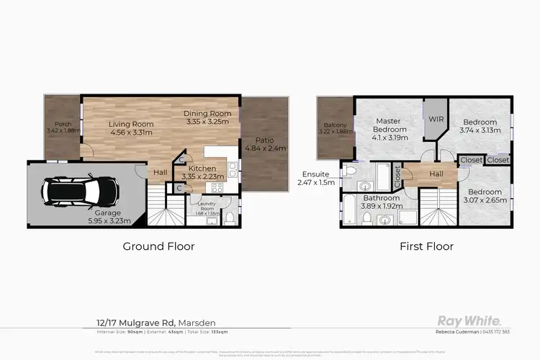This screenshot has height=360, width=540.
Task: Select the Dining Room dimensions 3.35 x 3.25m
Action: point(207,122)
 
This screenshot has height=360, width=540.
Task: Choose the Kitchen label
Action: point(202,168)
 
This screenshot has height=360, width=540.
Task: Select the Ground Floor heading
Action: point(158,246)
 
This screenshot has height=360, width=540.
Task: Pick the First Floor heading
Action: point(427,246)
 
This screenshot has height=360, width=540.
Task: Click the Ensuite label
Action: point(316,174)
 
